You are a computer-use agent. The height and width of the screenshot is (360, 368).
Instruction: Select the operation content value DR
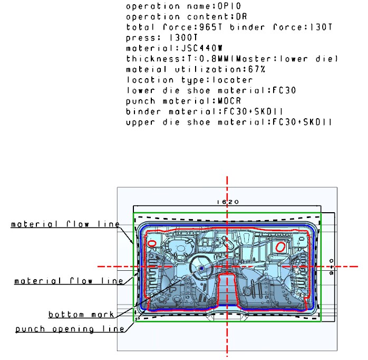242,17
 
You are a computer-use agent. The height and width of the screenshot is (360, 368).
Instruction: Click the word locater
233,80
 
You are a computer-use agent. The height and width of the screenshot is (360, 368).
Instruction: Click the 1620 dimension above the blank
227,202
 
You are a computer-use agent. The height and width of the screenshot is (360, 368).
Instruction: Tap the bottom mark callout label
81,315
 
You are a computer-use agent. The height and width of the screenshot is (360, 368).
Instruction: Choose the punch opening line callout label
70,329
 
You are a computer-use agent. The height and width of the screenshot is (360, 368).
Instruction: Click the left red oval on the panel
152,243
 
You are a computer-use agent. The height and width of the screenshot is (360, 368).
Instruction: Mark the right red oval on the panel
280,247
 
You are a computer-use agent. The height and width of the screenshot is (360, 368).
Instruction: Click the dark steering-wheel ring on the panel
190,268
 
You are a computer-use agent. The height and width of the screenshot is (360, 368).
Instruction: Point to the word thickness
153,59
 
